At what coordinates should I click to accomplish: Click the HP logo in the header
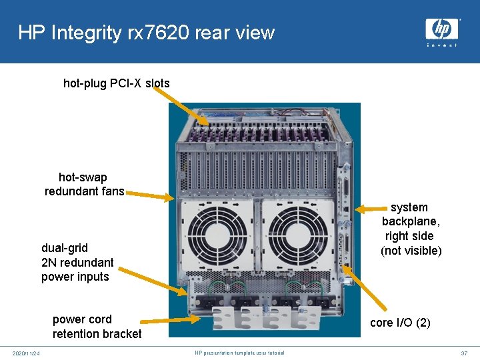[x=442, y=29]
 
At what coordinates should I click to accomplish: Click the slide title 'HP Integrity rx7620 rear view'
[x=146, y=32]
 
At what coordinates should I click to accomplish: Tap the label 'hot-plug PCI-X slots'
[x=117, y=83]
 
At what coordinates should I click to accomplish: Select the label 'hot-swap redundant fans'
[x=84, y=185]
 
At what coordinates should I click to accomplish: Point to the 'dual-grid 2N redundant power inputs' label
[x=77, y=262]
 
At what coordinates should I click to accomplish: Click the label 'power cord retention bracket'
[x=97, y=326]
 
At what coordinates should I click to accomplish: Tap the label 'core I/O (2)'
[x=400, y=323]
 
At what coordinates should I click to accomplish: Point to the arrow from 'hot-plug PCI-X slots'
[x=181, y=106]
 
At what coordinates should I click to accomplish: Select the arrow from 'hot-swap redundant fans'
[x=150, y=195]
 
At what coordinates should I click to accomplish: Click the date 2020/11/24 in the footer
[x=26, y=353]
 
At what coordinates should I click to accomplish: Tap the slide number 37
[x=464, y=353]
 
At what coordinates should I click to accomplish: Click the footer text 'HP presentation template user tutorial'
[x=239, y=353]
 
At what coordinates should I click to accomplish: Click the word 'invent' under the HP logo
[x=442, y=45]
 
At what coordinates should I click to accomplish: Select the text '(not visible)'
[x=411, y=251]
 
